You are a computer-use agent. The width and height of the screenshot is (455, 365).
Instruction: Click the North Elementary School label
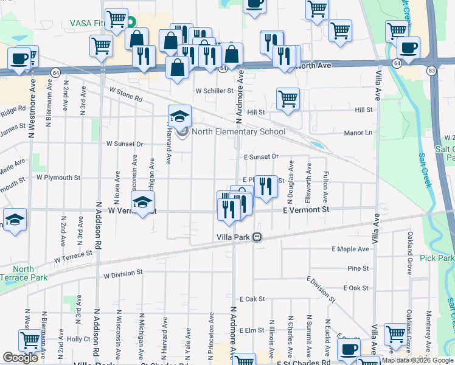pos(238,131)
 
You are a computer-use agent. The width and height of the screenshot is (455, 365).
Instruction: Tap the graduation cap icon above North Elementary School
pos(179,116)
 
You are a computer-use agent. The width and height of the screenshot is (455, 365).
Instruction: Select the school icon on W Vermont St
pos(142,202)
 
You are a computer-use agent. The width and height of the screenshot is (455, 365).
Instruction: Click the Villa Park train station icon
pos(258,237)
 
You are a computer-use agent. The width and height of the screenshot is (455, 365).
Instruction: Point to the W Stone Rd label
pos(125,94)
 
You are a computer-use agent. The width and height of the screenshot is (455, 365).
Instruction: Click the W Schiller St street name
pos(214,91)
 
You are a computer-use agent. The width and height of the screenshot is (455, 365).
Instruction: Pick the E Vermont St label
pos(306,209)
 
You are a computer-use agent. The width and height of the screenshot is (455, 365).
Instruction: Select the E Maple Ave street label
pos(350,249)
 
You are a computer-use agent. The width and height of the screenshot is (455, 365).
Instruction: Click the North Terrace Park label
pos(23,273)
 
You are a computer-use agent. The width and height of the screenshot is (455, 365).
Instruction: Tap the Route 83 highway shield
pos(431,70)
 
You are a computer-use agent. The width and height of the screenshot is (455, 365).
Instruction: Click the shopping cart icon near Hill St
pos(288,99)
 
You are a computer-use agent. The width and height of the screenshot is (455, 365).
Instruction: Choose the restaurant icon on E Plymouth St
pos(265,186)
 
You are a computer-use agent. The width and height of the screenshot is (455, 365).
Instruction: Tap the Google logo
pos(21,358)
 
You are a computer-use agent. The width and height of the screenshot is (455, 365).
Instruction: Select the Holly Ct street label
pos(78,339)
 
